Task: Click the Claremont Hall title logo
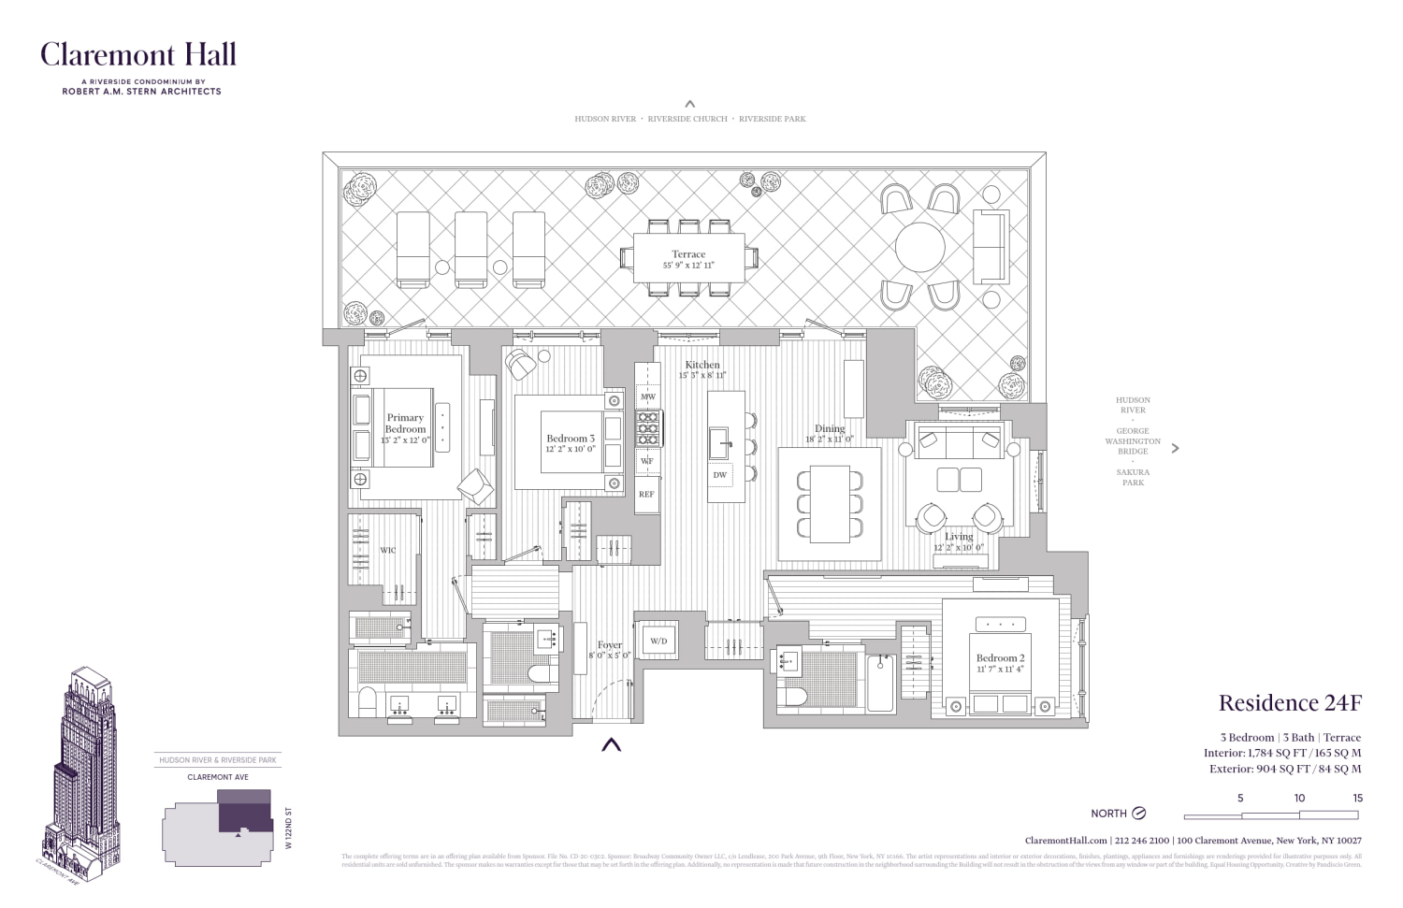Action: [138, 55]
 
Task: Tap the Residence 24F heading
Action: [1289, 703]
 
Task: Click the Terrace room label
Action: [688, 254]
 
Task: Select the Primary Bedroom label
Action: [405, 424]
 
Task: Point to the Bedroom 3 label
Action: [571, 439]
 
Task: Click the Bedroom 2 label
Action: [1000, 658]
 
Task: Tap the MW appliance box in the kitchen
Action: [647, 397]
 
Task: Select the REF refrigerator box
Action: [646, 494]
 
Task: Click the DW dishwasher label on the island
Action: [719, 475]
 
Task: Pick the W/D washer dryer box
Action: [658, 641]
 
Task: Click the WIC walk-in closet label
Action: [387, 550]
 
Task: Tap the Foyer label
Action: [610, 645]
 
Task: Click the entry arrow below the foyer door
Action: [611, 745]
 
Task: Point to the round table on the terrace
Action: [919, 247]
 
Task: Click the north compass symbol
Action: [1138, 814]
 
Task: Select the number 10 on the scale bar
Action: [1299, 798]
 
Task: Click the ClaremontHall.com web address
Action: [1065, 841]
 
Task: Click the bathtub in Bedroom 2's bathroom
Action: [880, 684]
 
